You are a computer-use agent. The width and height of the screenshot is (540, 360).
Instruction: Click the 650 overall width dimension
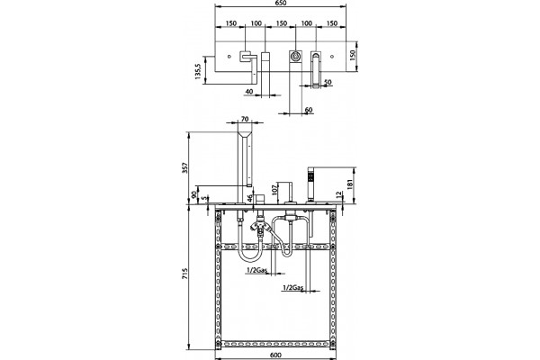[x=281, y=3]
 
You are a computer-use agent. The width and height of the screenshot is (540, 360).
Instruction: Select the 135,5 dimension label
[x=198, y=72]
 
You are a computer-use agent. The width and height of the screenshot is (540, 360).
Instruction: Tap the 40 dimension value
[x=249, y=91]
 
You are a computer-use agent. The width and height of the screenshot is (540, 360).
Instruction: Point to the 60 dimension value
[x=309, y=110]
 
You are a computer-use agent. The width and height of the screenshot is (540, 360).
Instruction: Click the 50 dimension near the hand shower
[x=328, y=82]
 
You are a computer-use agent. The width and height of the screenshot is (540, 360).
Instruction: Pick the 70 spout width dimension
[x=245, y=119]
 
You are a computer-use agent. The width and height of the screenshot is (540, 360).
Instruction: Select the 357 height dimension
[x=184, y=167]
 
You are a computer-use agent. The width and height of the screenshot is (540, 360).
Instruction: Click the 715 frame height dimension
[x=184, y=274]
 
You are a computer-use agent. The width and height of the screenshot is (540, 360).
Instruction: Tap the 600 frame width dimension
[x=276, y=355]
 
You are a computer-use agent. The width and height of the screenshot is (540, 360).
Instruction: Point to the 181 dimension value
[x=349, y=184]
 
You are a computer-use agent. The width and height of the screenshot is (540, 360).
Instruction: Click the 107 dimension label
[x=274, y=189]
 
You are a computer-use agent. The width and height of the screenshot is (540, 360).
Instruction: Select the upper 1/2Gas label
[x=256, y=271]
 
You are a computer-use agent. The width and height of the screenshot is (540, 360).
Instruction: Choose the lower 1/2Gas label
[x=292, y=287]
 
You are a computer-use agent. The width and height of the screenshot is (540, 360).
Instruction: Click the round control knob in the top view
[x=295, y=56]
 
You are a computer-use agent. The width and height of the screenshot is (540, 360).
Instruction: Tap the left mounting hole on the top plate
[x=229, y=56]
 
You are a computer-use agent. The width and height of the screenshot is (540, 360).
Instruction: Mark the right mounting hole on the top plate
[x=332, y=56]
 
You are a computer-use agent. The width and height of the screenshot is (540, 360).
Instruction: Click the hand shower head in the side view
[x=310, y=176]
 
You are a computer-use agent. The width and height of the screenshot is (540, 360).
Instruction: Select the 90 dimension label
[x=194, y=194]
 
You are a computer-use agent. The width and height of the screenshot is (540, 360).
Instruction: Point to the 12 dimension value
[x=339, y=195]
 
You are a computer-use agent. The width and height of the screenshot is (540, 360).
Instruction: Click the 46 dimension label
[x=250, y=199]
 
